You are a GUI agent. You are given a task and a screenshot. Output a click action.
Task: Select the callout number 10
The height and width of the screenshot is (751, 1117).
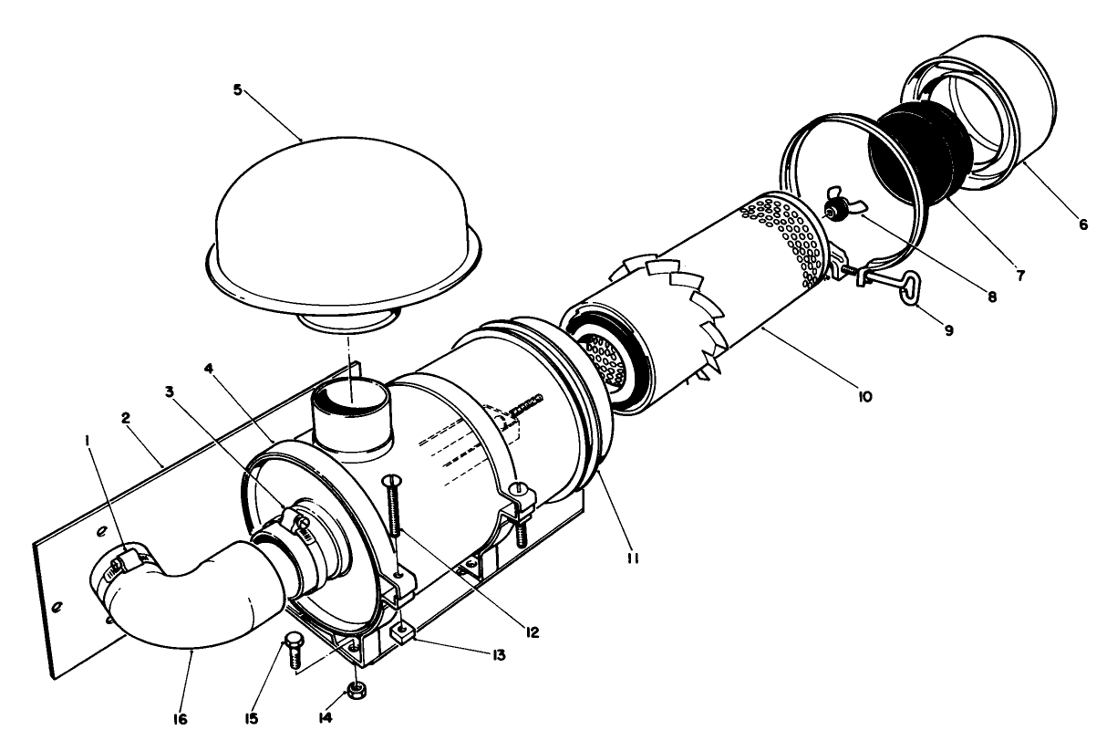point(864,396)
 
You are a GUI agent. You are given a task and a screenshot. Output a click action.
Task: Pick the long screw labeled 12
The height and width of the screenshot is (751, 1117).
point(395,516)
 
